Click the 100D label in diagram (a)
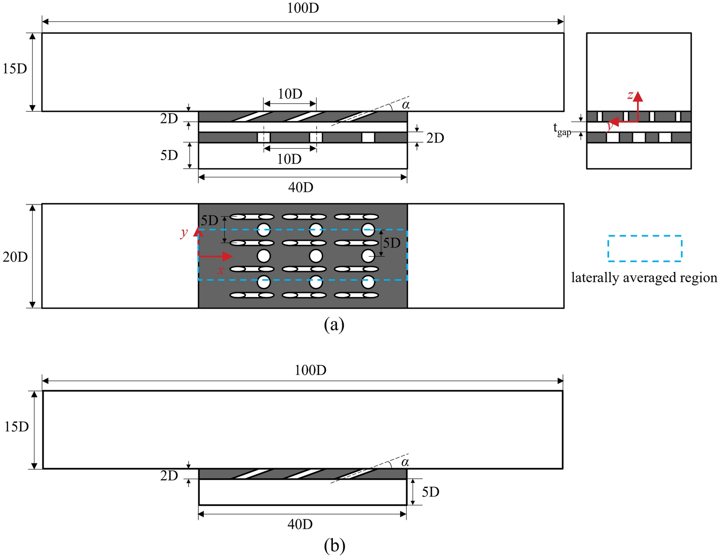pos(303,8)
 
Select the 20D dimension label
pos(15,257)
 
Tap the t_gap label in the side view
pos(562,129)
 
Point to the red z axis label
pos(630,95)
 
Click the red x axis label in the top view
pos(221,270)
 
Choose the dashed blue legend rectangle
pos(645,248)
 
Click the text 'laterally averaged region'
pos(644,278)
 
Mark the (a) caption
pos(334,324)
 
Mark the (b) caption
pos(334,545)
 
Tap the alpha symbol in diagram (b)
pos(405,462)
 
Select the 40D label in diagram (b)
pos(300,524)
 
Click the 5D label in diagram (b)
pos(430,492)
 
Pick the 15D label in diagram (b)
pos(16,427)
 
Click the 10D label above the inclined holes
pos(290,94)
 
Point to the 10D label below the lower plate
pos(289,159)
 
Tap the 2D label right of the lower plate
pos(435,138)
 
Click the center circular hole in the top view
pos(316,256)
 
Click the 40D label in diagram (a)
pos(300,187)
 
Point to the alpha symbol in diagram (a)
pos(406,105)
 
